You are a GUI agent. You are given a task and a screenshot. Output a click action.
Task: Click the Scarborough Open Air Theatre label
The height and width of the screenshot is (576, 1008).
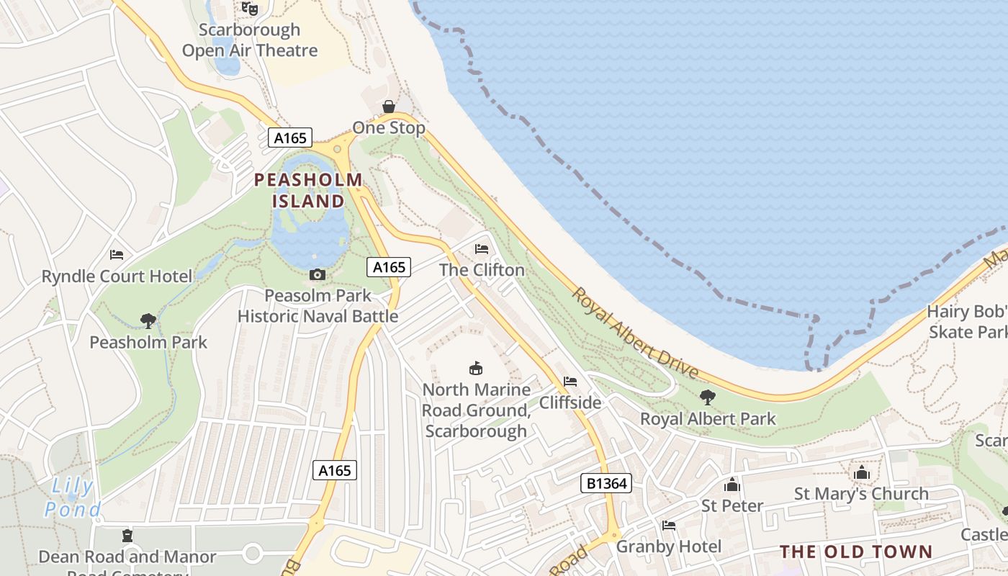249,40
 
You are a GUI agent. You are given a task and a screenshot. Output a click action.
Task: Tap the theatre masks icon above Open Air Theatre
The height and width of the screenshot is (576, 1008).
249,8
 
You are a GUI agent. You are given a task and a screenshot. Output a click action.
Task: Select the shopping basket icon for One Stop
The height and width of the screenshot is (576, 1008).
389,107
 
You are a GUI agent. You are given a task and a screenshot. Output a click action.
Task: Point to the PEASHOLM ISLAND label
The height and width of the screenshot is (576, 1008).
308,190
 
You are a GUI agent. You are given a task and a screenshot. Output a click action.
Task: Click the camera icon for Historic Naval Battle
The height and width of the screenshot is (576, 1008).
317,274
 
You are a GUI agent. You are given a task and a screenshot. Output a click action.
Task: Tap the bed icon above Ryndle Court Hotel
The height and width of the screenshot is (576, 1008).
117,255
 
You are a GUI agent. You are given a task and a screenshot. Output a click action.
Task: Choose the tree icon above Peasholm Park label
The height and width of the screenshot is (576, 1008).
148,320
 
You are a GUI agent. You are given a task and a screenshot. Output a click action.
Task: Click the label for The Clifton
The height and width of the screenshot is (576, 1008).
482,270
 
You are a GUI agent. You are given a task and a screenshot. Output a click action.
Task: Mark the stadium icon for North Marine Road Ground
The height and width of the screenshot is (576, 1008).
476,368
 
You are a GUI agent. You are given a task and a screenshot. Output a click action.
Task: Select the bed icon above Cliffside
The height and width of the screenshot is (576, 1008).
570,381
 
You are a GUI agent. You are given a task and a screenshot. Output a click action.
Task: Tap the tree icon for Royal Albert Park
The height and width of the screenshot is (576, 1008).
708,397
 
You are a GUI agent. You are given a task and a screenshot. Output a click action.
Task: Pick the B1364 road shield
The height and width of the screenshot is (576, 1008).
606,483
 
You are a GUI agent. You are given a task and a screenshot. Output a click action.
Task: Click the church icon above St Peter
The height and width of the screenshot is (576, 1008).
732,485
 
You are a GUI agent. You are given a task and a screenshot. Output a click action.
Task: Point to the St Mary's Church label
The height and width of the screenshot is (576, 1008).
861,494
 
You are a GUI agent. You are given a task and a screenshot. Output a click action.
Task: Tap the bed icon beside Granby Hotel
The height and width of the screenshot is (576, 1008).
669,526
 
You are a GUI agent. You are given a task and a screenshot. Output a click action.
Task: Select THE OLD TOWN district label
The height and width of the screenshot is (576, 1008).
856,552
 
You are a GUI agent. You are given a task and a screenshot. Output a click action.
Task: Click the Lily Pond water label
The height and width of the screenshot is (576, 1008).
72,498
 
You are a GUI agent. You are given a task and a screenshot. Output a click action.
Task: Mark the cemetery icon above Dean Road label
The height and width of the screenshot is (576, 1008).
127,535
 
